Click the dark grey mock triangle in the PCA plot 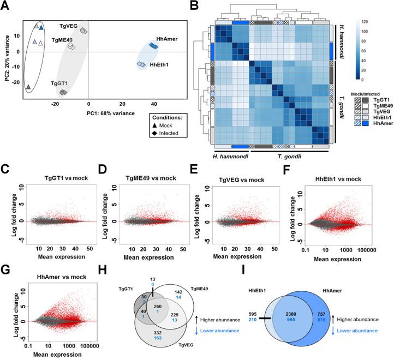pos(28,87)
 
